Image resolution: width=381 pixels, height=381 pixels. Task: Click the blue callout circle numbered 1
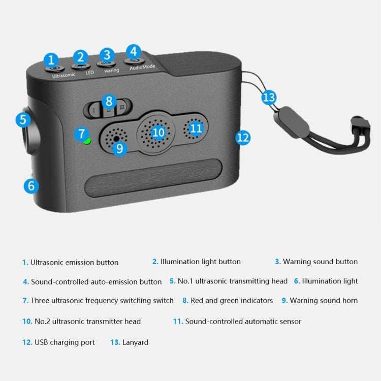click(x=51, y=60)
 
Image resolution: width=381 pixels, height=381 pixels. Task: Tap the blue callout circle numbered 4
click(x=133, y=51)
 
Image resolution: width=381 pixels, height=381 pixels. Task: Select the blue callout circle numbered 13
click(x=269, y=97)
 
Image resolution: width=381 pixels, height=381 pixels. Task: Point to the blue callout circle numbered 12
click(x=243, y=137)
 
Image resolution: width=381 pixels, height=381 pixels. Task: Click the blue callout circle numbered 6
click(x=31, y=186)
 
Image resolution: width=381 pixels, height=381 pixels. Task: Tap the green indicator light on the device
click(x=87, y=141)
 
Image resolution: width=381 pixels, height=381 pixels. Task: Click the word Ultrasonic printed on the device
click(x=63, y=75)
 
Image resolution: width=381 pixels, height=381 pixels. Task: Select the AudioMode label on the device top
click(x=142, y=67)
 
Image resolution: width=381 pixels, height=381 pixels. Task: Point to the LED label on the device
click(x=89, y=73)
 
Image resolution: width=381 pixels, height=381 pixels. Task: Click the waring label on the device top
click(x=112, y=70)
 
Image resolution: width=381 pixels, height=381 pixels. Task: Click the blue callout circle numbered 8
click(x=109, y=101)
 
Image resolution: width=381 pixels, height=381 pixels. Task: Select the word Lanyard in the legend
click(x=135, y=342)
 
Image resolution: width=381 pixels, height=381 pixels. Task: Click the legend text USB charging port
click(x=65, y=342)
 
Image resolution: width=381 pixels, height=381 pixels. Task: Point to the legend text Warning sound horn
click(x=324, y=300)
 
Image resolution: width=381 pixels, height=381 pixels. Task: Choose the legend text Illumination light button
click(x=200, y=262)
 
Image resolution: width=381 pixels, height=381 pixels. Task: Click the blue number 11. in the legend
click(x=178, y=322)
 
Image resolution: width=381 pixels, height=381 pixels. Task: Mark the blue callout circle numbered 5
click(x=23, y=120)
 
